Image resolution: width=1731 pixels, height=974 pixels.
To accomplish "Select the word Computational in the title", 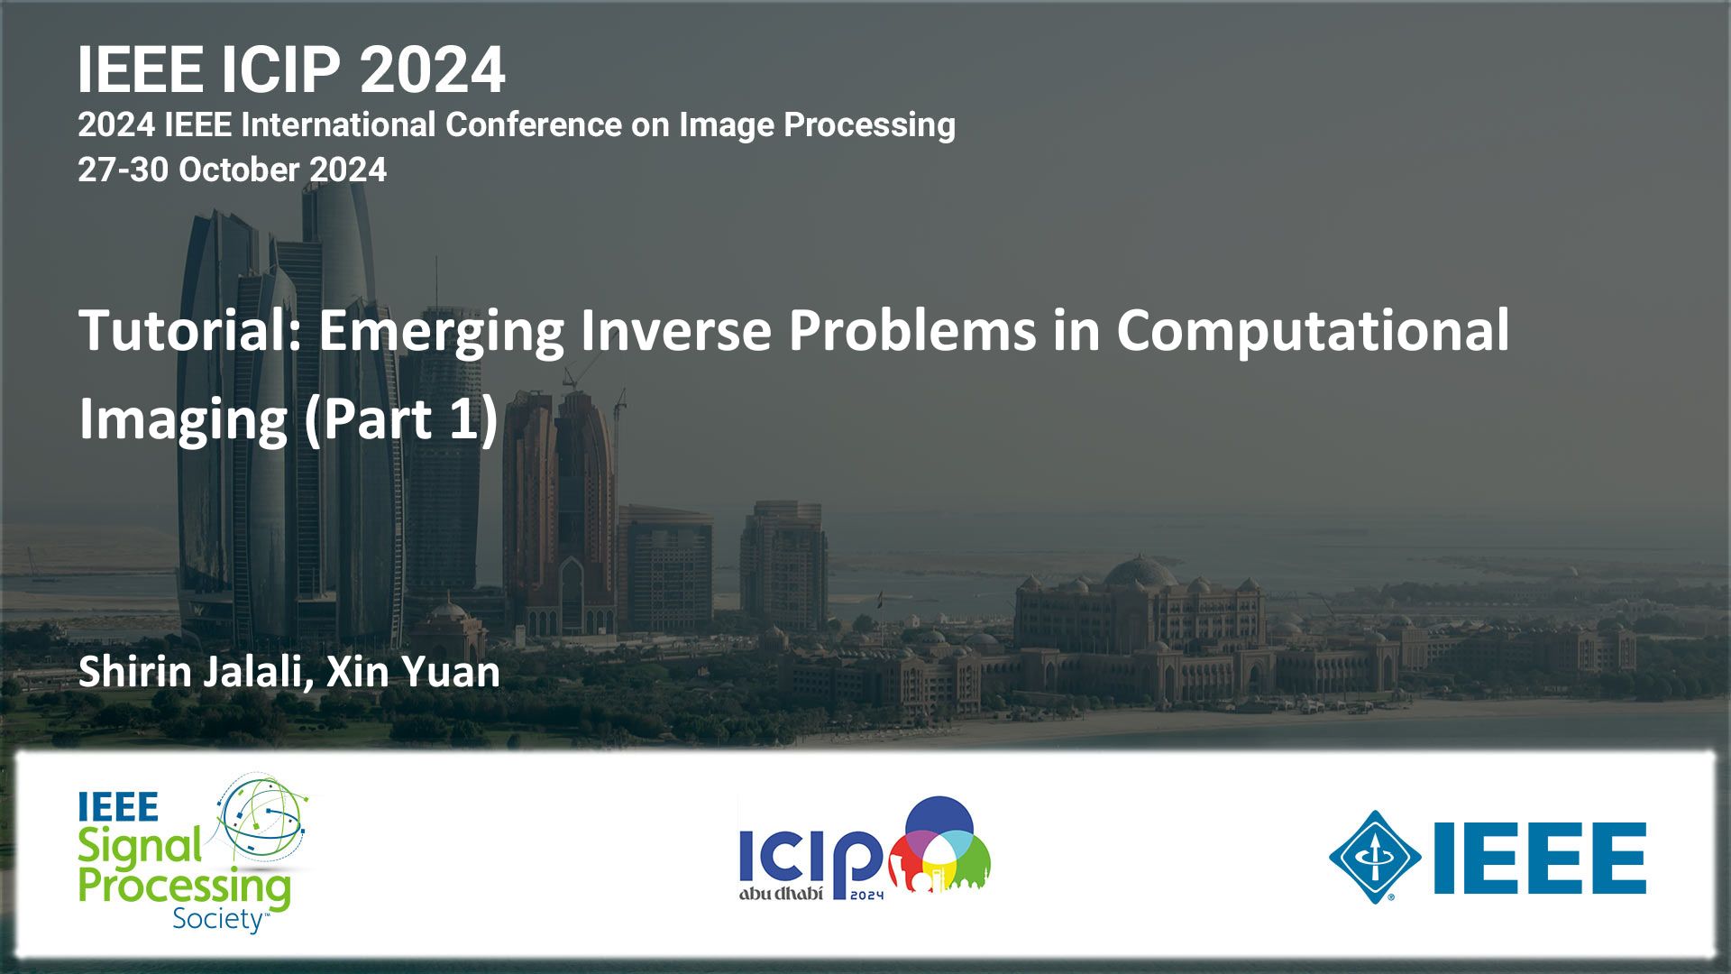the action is [1313, 330].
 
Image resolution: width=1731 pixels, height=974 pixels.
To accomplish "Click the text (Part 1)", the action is [401, 420].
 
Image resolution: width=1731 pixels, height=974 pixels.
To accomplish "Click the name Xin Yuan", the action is [413, 673].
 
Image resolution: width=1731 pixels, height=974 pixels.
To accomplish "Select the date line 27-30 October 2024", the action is [233, 170].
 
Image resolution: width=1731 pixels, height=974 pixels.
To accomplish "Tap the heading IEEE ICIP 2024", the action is [291, 69].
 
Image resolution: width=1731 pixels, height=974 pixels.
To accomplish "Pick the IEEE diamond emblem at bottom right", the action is [1375, 857].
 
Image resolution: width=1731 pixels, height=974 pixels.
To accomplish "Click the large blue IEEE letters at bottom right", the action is [1540, 858].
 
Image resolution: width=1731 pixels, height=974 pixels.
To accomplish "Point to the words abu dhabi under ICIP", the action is [781, 893].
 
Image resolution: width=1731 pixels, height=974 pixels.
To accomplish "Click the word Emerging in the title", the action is [441, 332].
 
